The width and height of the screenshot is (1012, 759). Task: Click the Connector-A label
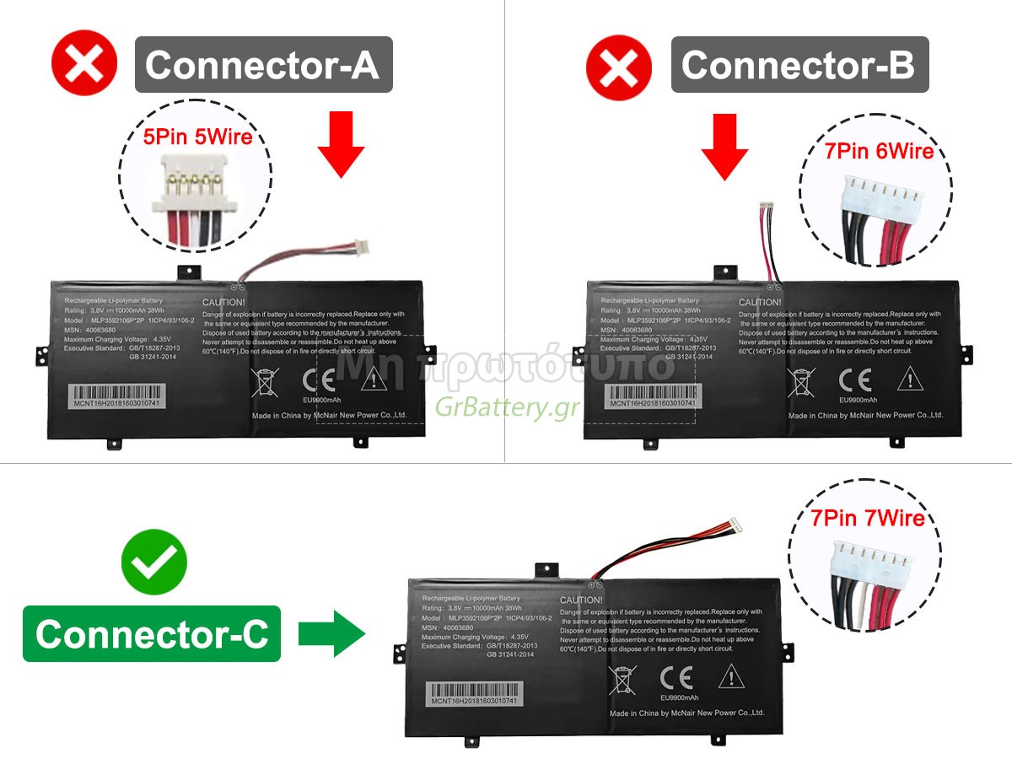click(x=263, y=65)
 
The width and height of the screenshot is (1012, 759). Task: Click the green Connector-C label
click(x=152, y=633)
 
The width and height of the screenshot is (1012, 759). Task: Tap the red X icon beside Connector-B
click(x=619, y=66)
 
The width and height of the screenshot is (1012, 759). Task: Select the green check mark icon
click(x=153, y=562)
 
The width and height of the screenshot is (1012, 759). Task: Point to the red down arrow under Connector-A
click(x=341, y=145)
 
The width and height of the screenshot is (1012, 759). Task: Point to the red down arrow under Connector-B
click(x=724, y=145)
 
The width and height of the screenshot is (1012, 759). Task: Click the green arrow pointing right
click(x=331, y=634)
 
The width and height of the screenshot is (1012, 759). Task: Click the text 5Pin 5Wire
click(x=198, y=136)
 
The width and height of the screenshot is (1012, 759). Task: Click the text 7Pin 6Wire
click(x=880, y=151)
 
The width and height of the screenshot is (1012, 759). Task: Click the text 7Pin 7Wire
click(x=868, y=518)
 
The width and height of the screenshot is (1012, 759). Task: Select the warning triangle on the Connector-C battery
click(x=730, y=676)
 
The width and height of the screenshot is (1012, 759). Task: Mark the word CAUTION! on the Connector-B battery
click(x=760, y=302)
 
